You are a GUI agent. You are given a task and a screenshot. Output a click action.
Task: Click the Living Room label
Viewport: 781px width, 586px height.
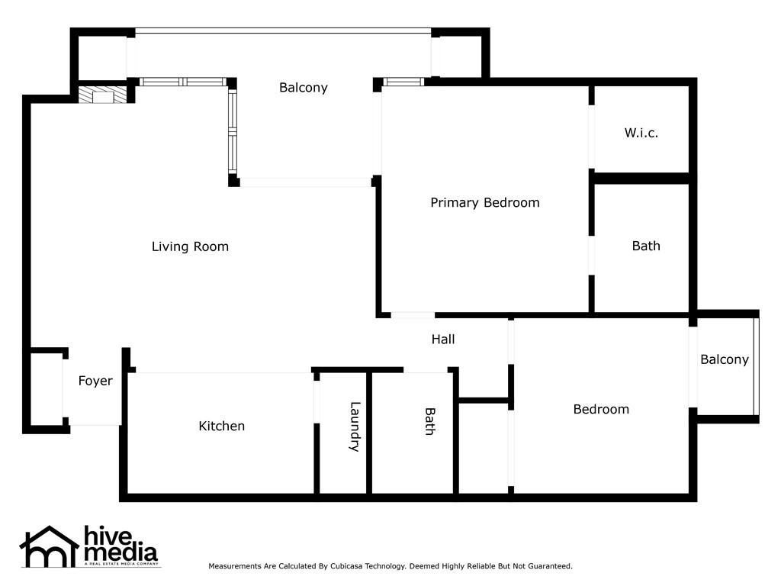(190, 246)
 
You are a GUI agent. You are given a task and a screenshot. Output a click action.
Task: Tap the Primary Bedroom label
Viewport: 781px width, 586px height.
(484, 202)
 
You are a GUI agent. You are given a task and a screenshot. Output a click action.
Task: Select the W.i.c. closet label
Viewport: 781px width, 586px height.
(641, 133)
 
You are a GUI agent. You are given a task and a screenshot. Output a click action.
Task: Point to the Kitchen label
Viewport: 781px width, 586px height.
(222, 426)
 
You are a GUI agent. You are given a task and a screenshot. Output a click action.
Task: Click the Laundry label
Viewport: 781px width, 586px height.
(354, 427)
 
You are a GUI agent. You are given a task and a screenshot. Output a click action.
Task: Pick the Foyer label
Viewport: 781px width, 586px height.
(95, 381)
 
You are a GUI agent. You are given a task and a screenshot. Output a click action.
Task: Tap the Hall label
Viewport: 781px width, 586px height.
(443, 340)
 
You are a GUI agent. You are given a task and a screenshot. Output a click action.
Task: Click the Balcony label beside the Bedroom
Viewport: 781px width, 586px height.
(725, 360)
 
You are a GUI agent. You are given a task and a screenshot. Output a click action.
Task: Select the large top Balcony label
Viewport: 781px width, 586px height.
(304, 88)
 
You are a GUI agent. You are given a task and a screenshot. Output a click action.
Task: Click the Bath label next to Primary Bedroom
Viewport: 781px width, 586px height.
(646, 246)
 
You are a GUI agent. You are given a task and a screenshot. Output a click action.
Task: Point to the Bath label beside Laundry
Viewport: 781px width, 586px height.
(430, 421)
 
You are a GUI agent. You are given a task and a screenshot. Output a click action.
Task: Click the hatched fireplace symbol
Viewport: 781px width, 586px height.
(103, 95)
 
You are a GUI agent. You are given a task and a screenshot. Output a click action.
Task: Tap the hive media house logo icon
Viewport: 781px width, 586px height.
(50, 546)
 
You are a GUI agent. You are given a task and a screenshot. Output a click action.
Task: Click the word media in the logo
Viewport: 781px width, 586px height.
(121, 552)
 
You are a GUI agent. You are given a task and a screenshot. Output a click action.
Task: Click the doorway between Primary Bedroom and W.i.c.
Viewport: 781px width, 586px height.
(591, 137)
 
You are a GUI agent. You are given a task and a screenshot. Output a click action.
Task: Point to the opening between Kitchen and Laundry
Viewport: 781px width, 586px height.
(317, 402)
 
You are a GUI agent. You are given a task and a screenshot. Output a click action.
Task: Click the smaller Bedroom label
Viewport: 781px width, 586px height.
(601, 409)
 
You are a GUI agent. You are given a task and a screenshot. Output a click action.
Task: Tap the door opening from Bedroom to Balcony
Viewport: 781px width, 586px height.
(693, 367)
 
